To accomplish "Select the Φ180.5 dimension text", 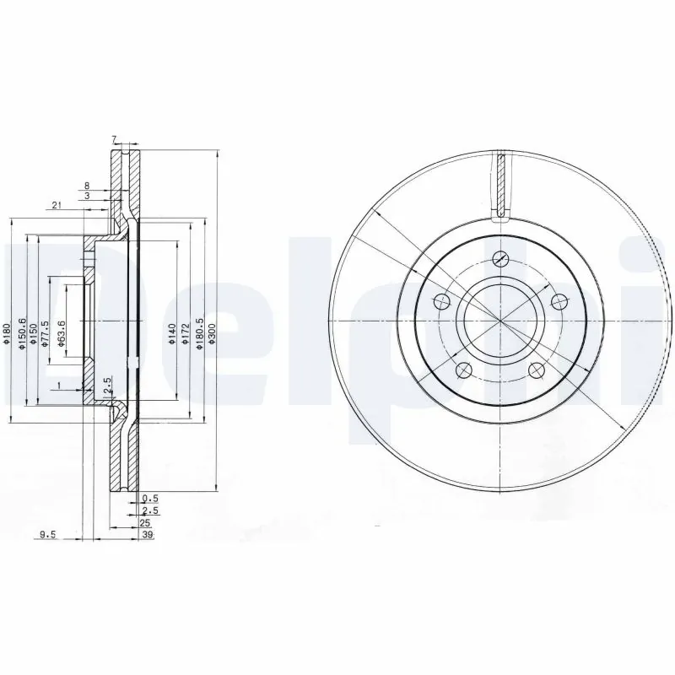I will (200, 332).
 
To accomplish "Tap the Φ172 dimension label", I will (184, 330).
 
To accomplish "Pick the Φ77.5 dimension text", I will (46, 330).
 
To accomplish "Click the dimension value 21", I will (56, 205).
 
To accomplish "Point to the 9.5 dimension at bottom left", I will (47, 533).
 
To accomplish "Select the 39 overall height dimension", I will (147, 533).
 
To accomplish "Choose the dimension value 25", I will (145, 523).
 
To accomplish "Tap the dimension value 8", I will (86, 185).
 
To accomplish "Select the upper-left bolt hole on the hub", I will (441, 301).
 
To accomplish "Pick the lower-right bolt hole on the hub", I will (534, 369).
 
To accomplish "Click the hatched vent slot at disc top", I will (501, 184).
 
